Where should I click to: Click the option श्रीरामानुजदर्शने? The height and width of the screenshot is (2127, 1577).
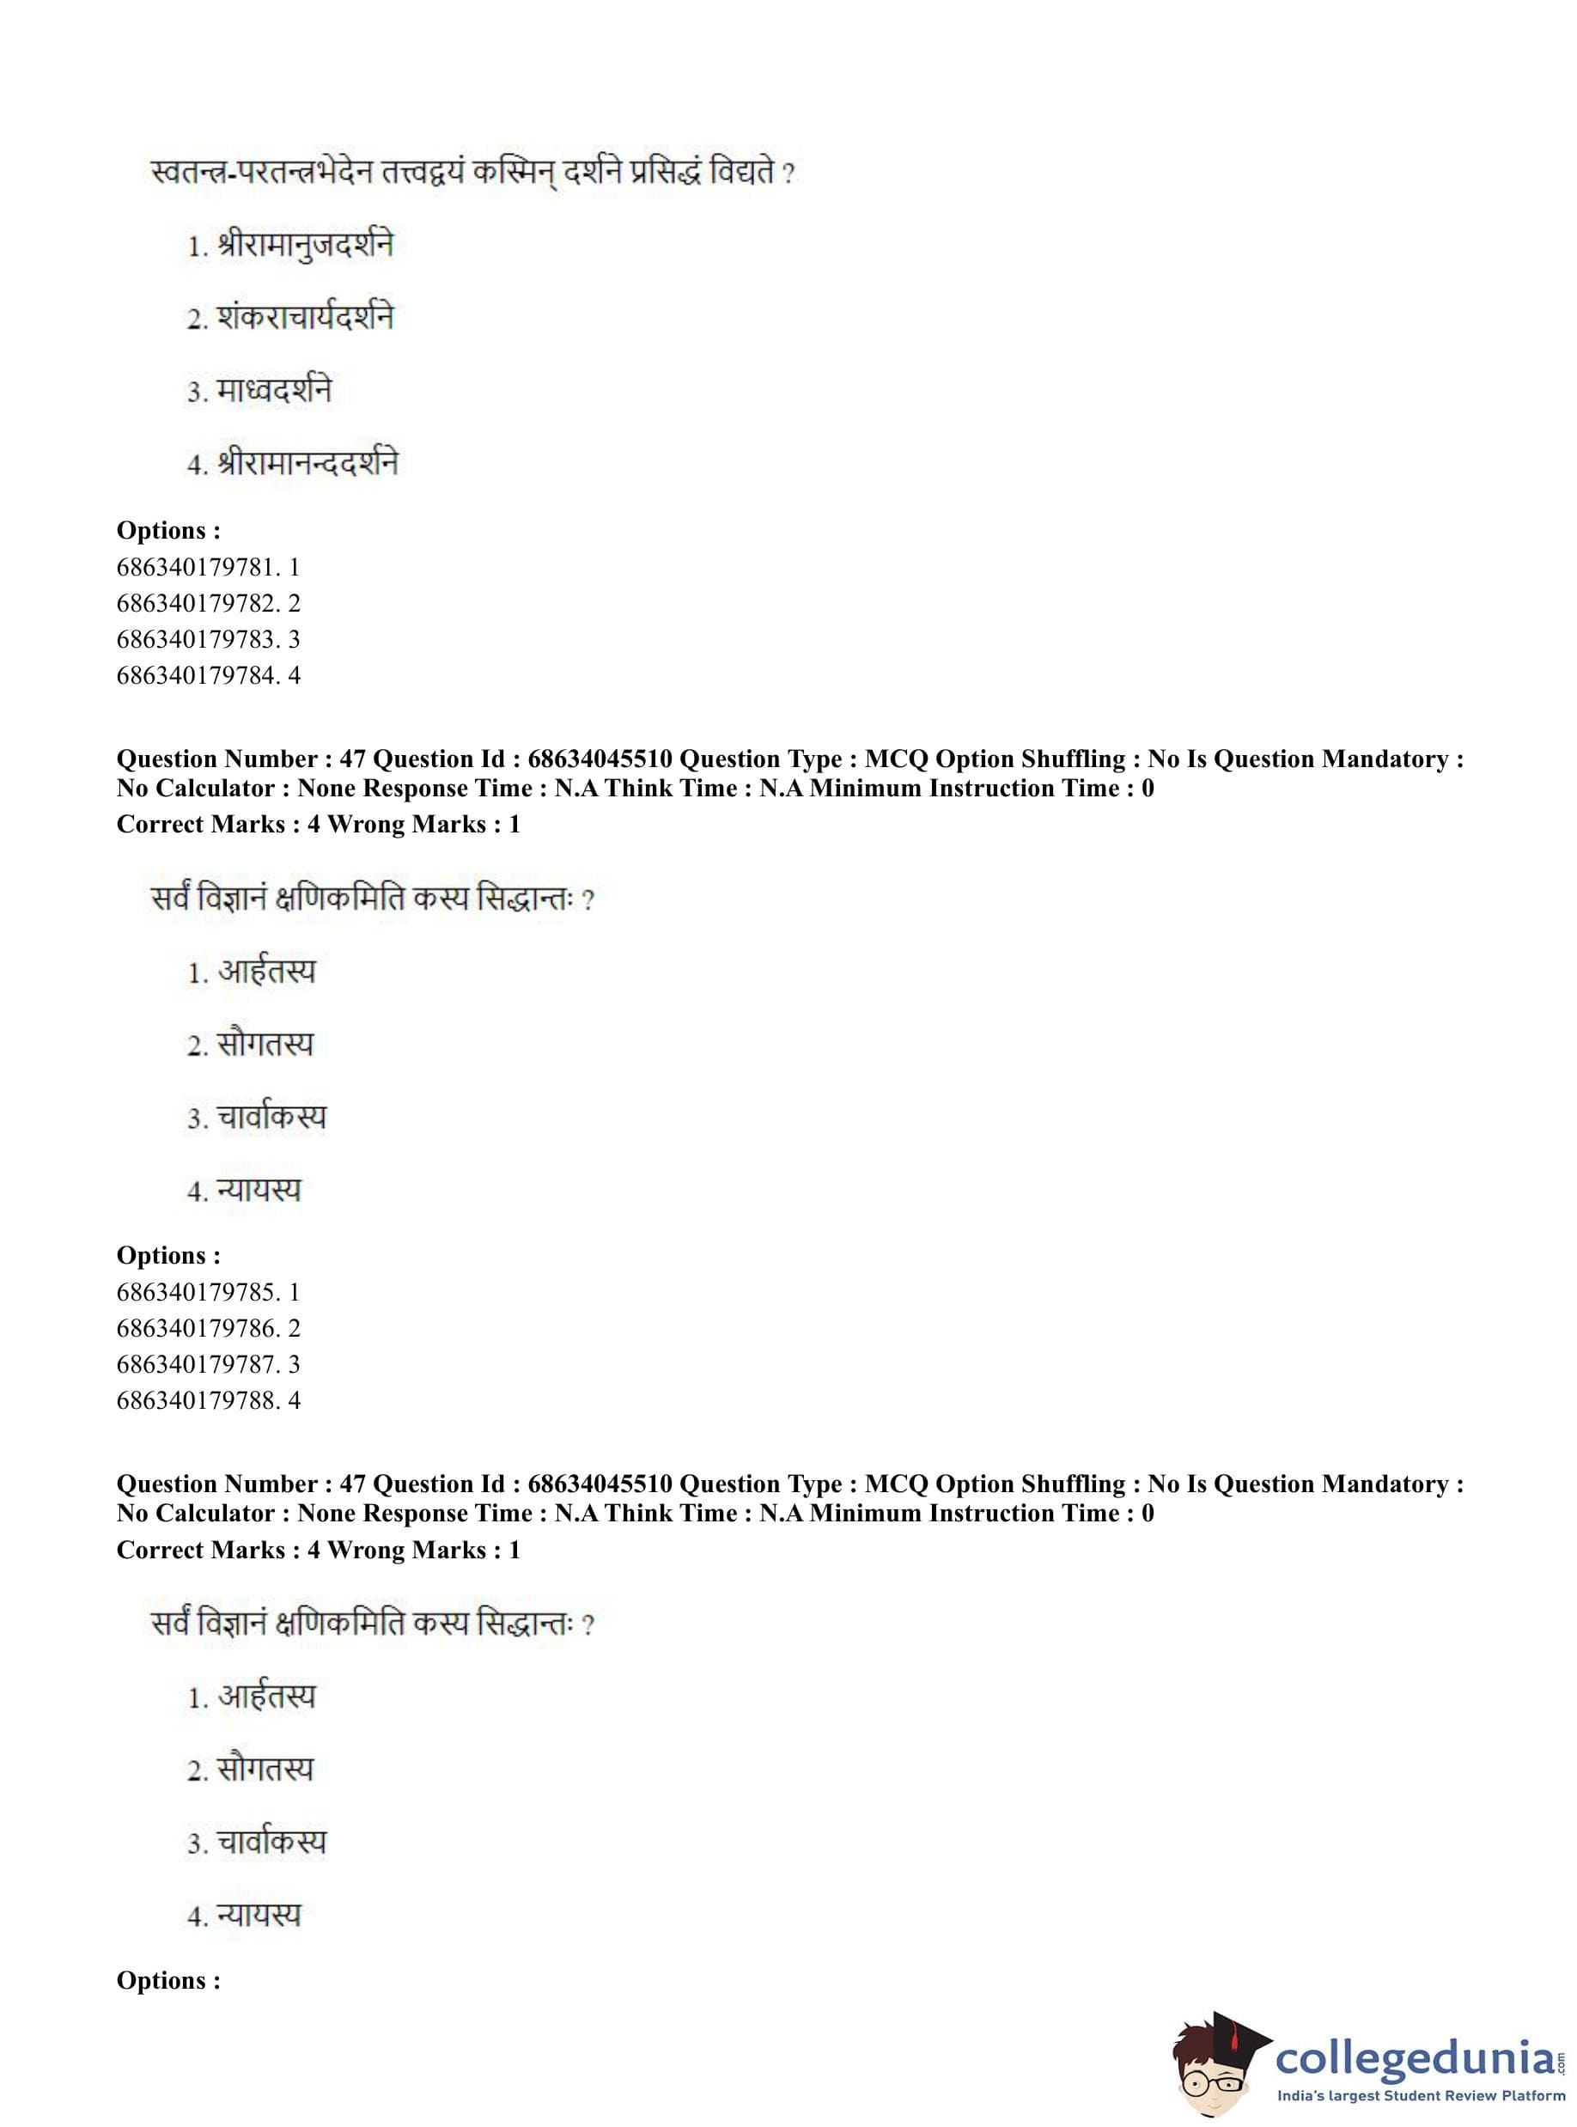(303, 246)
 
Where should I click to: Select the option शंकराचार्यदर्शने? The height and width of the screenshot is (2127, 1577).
(303, 318)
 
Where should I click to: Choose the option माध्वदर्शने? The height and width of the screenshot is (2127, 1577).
(273, 391)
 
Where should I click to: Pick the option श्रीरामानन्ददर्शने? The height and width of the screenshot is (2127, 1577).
(307, 463)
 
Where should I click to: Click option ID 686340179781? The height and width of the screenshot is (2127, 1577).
(208, 567)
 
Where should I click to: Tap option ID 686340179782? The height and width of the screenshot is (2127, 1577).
(208, 603)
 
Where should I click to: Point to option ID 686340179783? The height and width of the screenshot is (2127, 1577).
(208, 640)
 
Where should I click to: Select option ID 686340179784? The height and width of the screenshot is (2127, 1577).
(208, 676)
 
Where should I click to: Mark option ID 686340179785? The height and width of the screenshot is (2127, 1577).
(208, 1293)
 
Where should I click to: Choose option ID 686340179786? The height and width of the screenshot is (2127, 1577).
(208, 1329)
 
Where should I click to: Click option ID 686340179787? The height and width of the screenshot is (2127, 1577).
(208, 1365)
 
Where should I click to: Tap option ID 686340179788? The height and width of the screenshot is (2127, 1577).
(208, 1401)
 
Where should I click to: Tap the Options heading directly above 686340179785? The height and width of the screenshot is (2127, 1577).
(168, 1255)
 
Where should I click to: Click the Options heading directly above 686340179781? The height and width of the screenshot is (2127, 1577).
(168, 531)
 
